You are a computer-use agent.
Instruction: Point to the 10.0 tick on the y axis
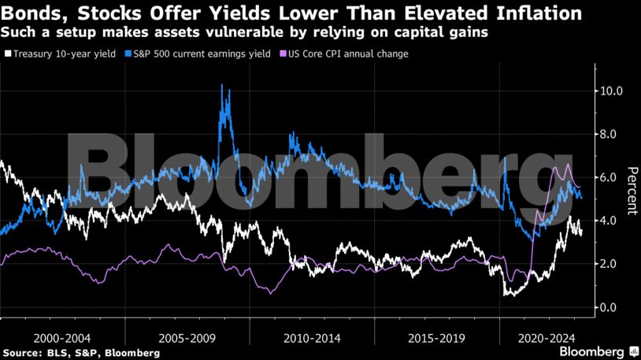tap(611, 91)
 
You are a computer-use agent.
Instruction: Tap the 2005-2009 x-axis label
tap(187, 336)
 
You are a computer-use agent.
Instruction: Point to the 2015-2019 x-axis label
tap(436, 336)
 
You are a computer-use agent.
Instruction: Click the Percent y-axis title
tap(631, 191)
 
